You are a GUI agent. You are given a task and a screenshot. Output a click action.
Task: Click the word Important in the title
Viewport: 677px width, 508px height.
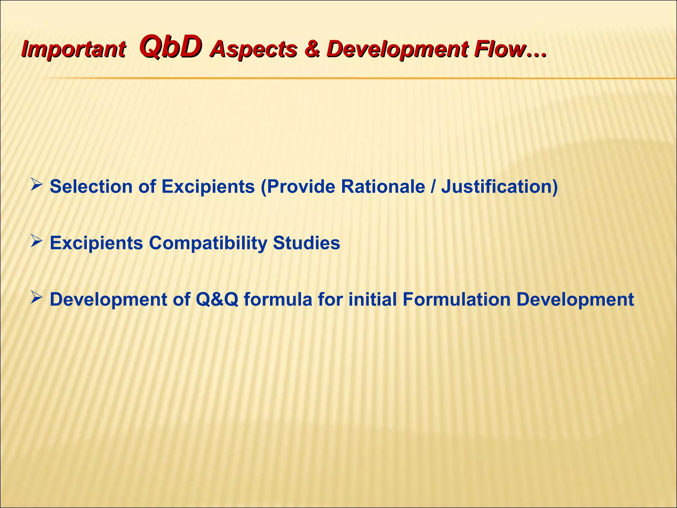[73, 50]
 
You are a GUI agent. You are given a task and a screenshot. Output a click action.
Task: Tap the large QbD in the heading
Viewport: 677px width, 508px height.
[171, 47]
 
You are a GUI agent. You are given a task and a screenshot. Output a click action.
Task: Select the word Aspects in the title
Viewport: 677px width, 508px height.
[254, 50]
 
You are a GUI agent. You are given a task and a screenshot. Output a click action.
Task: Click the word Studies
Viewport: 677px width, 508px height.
[306, 243]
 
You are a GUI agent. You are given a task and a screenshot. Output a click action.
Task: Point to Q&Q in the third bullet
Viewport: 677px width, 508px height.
[217, 299]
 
